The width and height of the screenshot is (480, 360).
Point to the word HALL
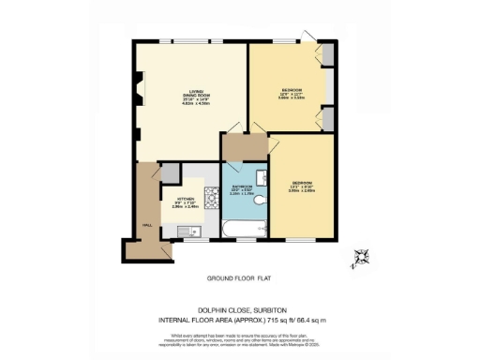tap(147, 226)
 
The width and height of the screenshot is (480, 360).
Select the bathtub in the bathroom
tap(246, 227)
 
